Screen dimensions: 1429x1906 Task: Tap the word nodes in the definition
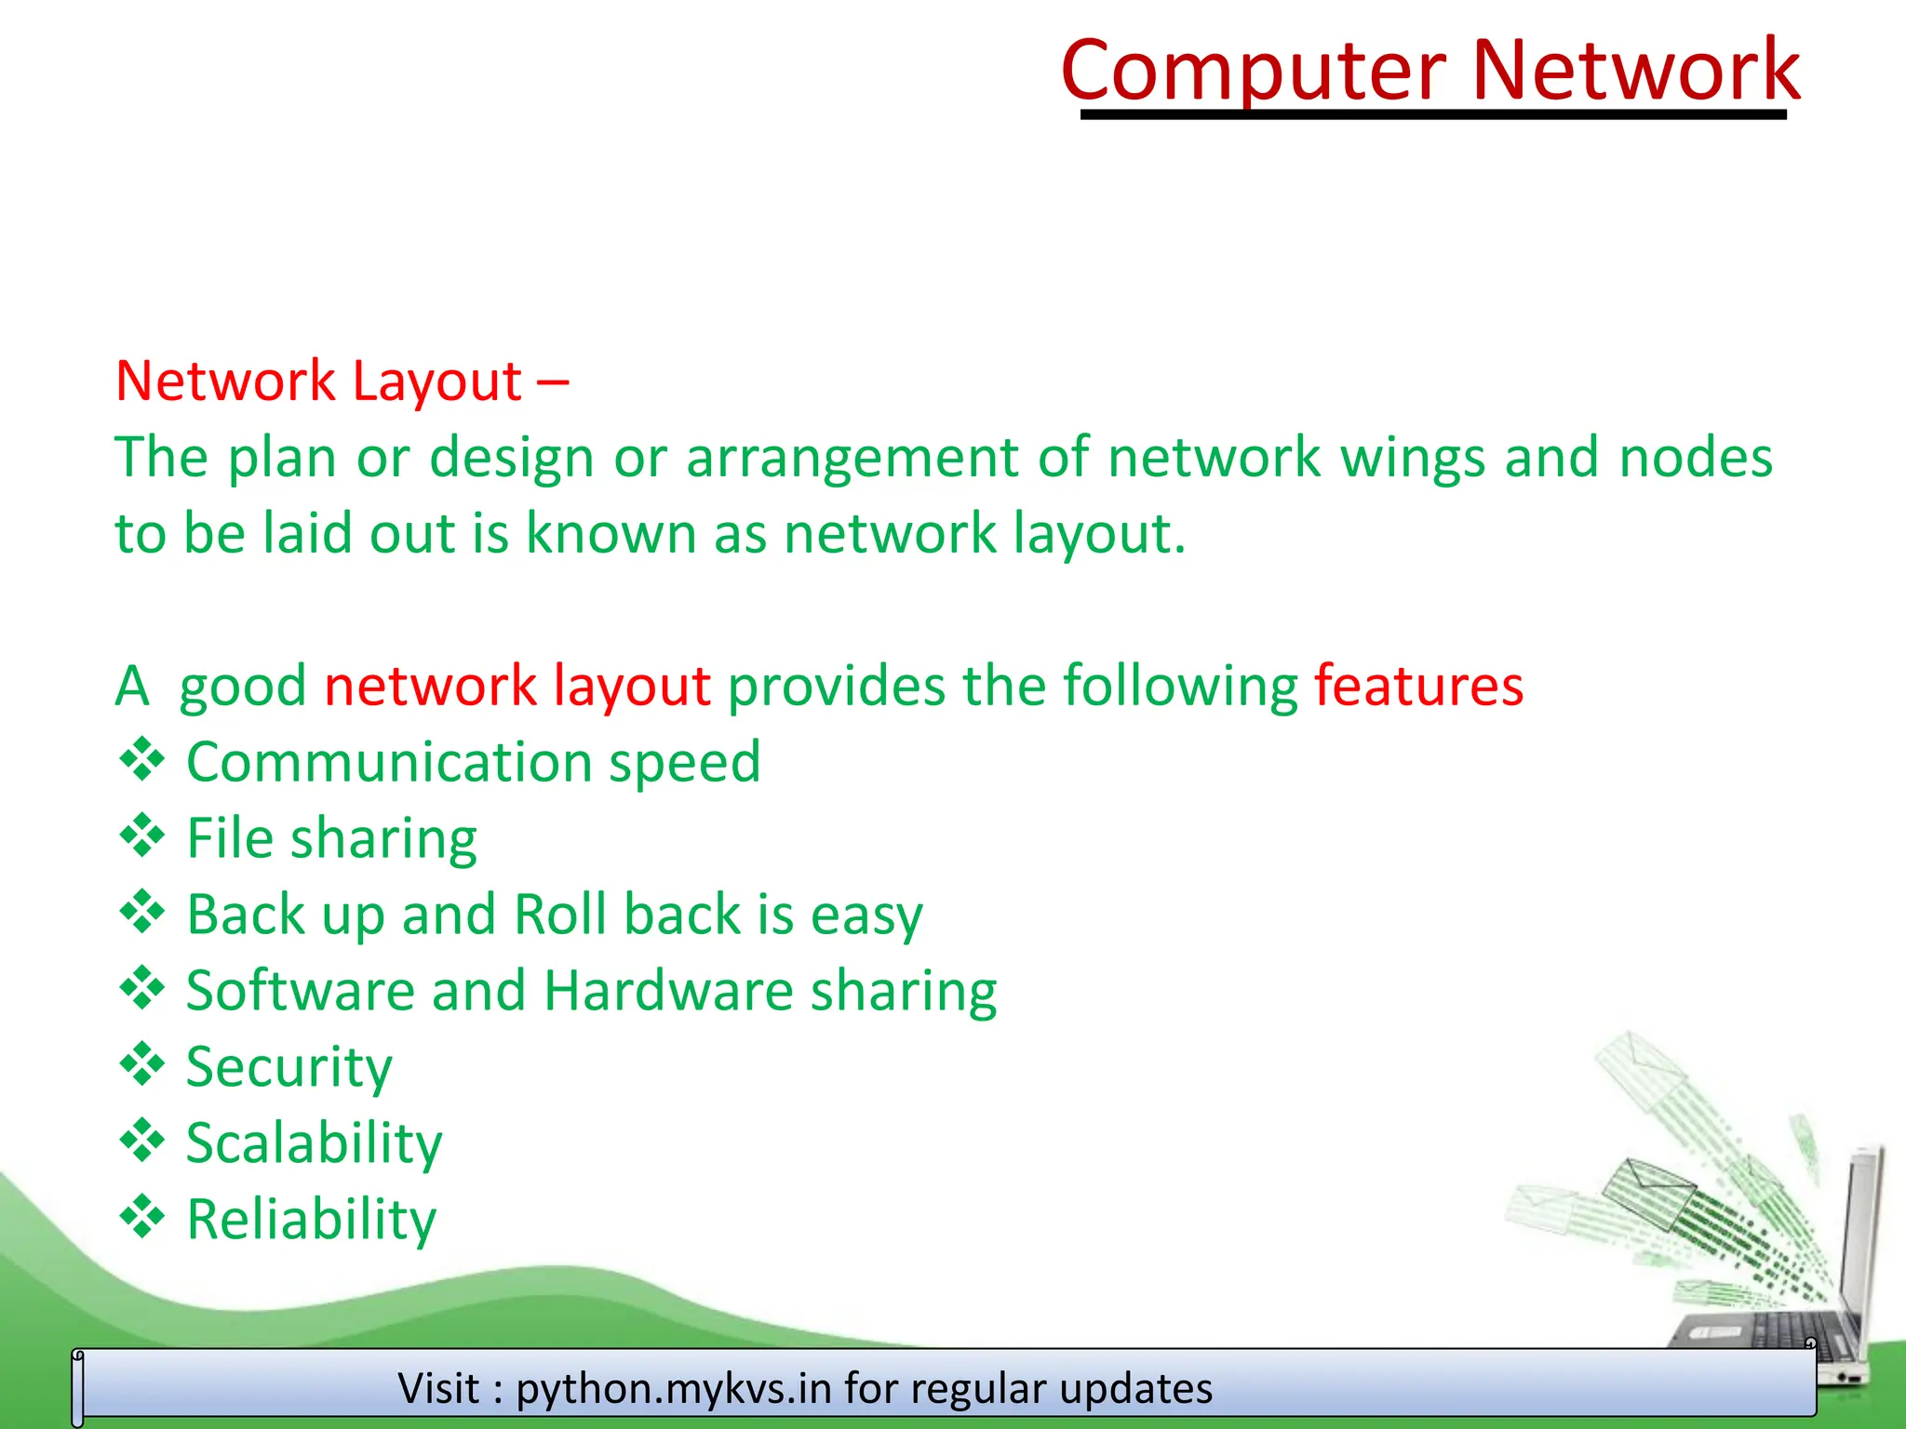coord(1696,459)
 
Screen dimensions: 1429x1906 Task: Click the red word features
coord(1418,687)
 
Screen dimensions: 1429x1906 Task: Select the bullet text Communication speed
coord(473,763)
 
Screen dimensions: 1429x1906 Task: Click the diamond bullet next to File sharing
coord(142,835)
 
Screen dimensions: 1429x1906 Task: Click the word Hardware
coord(668,991)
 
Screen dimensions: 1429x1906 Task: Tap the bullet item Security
coord(289,1067)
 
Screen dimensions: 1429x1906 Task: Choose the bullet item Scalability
coord(314,1143)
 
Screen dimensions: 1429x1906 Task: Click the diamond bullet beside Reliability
coord(142,1217)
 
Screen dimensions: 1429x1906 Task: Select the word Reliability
coord(311,1220)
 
